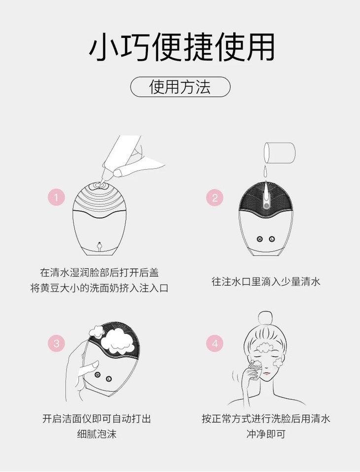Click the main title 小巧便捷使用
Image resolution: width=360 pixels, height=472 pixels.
pyautogui.click(x=182, y=47)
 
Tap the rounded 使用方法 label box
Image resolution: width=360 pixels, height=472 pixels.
pyautogui.click(x=180, y=87)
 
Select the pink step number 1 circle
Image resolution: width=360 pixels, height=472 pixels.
pyautogui.click(x=56, y=197)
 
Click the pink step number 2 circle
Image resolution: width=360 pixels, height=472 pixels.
pyautogui.click(x=215, y=197)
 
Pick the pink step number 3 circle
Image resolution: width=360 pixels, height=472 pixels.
pyautogui.click(x=56, y=343)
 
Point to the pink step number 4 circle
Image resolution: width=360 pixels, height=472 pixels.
pyautogui.click(x=215, y=343)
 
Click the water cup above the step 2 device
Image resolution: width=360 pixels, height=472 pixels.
pyautogui.click(x=279, y=153)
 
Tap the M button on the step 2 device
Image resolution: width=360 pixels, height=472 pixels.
pyautogui.click(x=260, y=239)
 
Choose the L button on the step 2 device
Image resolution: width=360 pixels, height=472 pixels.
pyautogui.click(x=272, y=239)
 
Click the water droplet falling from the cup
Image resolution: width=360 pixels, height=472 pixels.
pyautogui.click(x=266, y=172)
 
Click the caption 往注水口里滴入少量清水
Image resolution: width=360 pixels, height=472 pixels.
pyautogui.click(x=266, y=282)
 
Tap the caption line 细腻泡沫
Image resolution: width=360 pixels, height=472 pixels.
pyautogui.click(x=97, y=434)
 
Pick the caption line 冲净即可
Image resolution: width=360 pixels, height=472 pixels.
pyautogui.click(x=266, y=434)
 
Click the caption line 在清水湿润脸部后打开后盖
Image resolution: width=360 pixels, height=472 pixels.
pyautogui.click(x=99, y=272)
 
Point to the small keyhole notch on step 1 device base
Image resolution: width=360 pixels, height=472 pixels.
pyautogui.click(x=99, y=246)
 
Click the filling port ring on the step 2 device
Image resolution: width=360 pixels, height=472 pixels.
pyautogui.click(x=266, y=205)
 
